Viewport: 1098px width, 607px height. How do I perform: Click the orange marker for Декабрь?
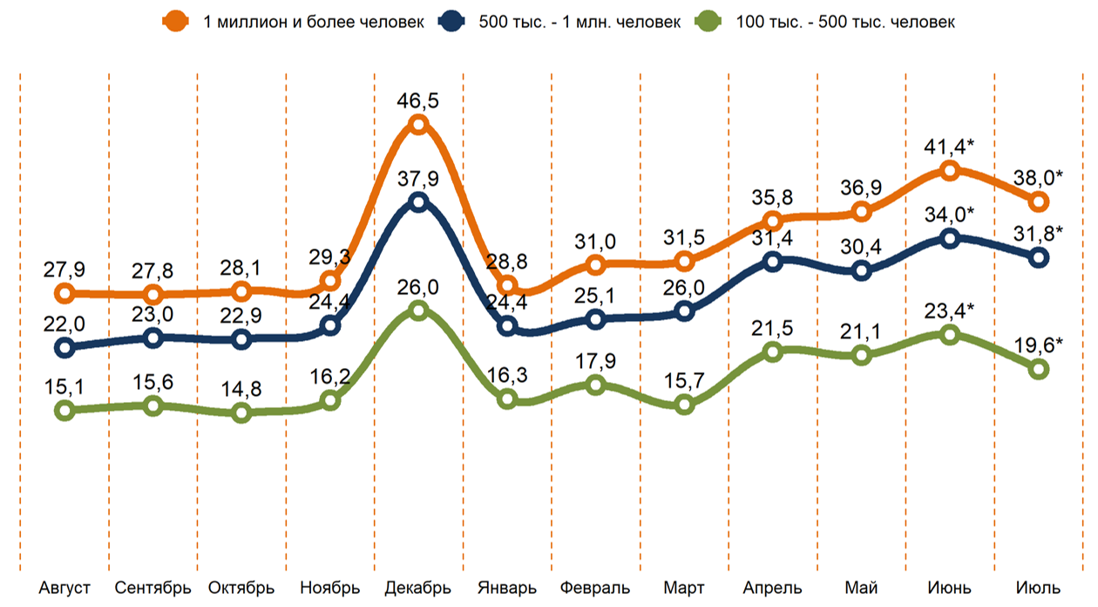(x=418, y=125)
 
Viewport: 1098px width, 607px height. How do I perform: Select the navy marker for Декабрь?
(x=418, y=202)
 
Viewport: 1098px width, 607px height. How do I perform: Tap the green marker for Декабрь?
(x=418, y=310)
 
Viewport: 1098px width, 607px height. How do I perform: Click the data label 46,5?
(x=418, y=99)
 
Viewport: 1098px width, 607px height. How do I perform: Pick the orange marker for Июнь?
(x=950, y=170)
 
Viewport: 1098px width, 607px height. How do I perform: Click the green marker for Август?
(x=64, y=410)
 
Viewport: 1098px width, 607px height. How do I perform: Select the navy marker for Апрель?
(x=772, y=261)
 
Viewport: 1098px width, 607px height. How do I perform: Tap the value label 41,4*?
(x=950, y=146)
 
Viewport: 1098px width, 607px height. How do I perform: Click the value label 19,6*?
(x=1040, y=344)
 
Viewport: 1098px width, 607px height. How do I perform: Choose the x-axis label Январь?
(x=507, y=587)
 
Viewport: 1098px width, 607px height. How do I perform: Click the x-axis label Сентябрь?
(x=152, y=587)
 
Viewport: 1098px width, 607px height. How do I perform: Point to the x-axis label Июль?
(x=1039, y=587)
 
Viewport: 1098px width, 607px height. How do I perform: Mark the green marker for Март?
(x=684, y=405)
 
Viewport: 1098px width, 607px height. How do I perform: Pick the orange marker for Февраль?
(x=595, y=264)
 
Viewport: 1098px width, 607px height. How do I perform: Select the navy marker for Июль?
(x=1039, y=257)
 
